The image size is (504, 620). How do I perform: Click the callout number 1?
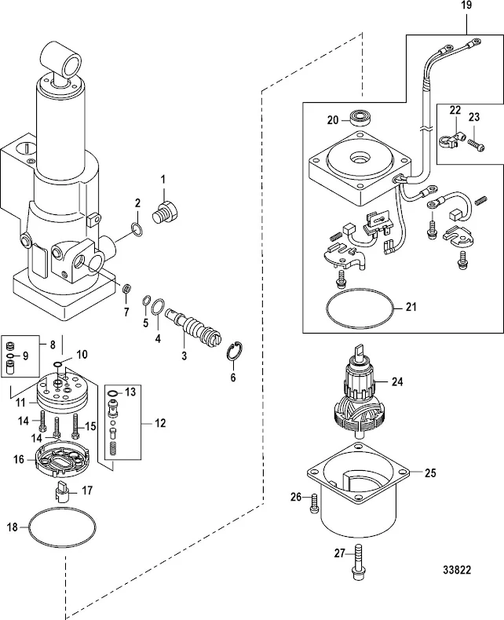(x=163, y=179)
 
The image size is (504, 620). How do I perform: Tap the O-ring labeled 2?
(x=135, y=229)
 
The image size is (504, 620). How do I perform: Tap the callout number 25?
(x=429, y=473)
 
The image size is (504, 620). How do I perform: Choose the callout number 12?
(x=160, y=423)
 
